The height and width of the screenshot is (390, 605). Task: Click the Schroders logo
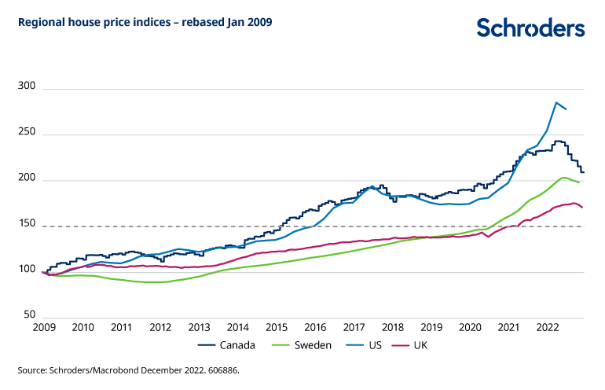tap(530, 28)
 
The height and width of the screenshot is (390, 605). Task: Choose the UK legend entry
tap(420, 345)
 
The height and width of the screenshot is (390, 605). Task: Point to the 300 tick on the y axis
tap(27, 88)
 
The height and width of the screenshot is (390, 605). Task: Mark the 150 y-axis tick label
tap(27, 226)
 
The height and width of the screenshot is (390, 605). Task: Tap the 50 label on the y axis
tap(31, 318)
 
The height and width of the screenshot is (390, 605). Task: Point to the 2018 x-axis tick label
tap(392, 326)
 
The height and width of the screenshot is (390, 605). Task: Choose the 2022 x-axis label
tap(548, 326)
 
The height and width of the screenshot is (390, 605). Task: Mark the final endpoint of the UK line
tap(581, 208)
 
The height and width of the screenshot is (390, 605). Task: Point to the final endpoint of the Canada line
tap(585, 172)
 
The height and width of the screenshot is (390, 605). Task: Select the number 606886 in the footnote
tap(221, 369)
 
